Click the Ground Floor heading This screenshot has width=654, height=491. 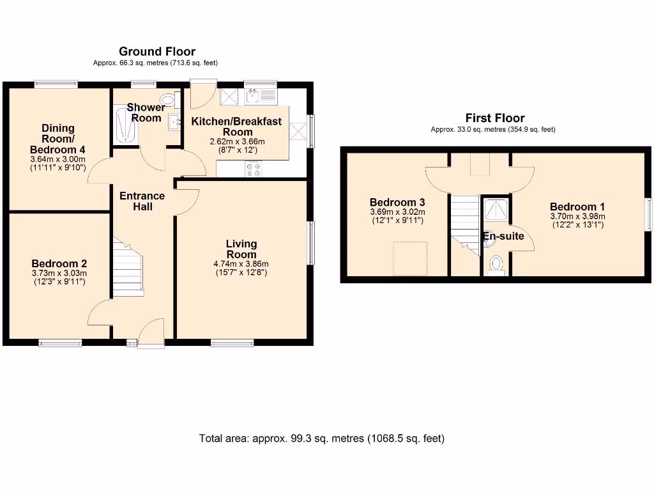click(x=157, y=52)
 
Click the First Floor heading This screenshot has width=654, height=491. click(x=495, y=118)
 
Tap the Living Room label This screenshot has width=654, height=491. click(x=241, y=248)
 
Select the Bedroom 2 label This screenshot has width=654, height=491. click(x=59, y=263)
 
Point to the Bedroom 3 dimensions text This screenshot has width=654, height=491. click(x=397, y=216)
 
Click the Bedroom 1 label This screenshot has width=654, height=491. click(x=577, y=207)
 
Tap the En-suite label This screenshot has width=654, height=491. click(x=503, y=237)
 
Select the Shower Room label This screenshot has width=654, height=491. click(x=146, y=113)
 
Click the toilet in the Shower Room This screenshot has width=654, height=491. click(x=167, y=100)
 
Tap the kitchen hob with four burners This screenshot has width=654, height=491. click(x=253, y=169)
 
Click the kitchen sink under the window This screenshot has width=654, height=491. click(x=260, y=97)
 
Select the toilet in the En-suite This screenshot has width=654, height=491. click(x=496, y=265)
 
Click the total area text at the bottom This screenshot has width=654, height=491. click(x=322, y=439)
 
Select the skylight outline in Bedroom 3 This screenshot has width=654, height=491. click(x=409, y=258)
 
